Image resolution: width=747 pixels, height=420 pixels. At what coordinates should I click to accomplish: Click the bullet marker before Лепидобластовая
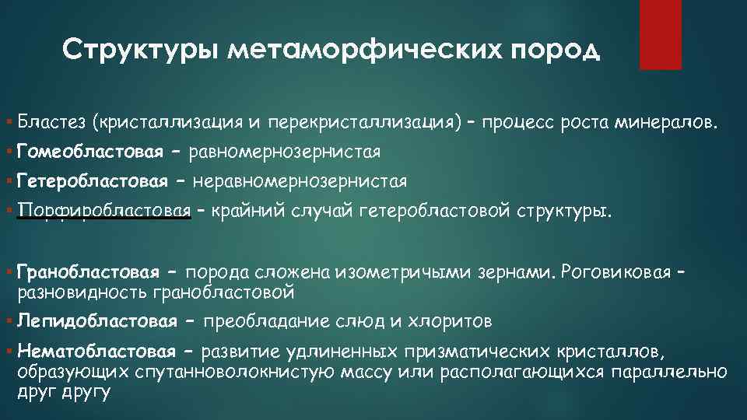point(8,321)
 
